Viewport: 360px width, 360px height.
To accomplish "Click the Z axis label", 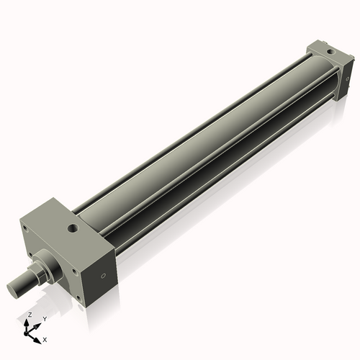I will click(x=29, y=315).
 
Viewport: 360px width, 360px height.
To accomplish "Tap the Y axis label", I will click(x=44, y=318).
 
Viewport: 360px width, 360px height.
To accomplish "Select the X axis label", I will click(x=45, y=338).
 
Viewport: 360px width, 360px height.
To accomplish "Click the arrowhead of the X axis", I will click(x=39, y=337).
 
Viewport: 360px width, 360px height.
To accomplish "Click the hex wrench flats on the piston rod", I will click(x=36, y=274).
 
